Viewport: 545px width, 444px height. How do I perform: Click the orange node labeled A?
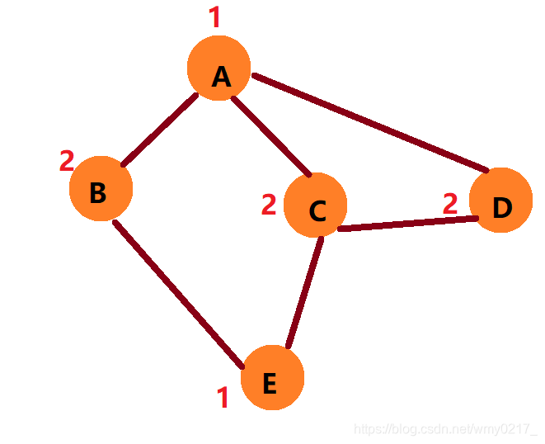219,68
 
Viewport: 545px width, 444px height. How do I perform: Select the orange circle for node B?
101,189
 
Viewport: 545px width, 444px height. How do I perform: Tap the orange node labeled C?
315,205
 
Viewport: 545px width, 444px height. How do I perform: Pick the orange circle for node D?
500,201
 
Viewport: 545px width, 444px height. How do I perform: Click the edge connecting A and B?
160,130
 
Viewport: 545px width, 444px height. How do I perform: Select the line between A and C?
270,137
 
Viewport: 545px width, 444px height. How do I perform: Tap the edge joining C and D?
408,223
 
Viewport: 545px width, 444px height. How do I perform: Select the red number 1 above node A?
215,17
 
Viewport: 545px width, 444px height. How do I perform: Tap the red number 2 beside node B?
67,161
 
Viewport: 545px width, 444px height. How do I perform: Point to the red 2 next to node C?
269,205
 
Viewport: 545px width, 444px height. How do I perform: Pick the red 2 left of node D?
450,203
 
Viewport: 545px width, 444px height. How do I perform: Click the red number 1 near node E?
222,398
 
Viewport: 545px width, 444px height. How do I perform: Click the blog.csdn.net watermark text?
444,429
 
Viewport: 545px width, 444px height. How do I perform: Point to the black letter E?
269,384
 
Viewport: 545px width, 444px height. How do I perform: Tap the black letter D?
502,208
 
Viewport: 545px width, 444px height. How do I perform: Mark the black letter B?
97,193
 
